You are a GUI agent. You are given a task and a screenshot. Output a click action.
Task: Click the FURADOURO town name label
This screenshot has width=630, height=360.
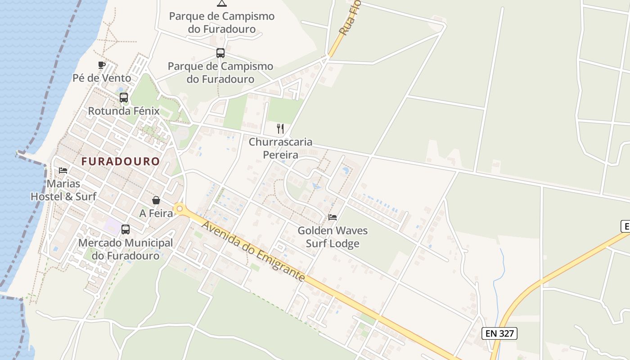121,161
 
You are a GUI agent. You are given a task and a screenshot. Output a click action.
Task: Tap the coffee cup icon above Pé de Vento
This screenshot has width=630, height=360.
102,65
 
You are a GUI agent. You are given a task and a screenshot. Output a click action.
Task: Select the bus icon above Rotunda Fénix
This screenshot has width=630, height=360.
124,97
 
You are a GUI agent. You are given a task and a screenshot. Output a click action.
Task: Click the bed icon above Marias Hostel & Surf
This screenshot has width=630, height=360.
63,171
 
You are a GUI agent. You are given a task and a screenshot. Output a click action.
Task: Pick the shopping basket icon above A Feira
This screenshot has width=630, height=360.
156,200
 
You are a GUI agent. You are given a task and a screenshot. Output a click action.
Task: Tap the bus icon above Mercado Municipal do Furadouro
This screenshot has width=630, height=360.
126,229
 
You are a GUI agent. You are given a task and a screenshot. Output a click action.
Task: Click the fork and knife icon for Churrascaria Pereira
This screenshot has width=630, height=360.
280,129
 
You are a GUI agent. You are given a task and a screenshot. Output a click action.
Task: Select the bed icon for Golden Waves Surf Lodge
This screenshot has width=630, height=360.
333,217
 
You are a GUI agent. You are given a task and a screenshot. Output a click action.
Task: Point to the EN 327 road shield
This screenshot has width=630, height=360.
499,333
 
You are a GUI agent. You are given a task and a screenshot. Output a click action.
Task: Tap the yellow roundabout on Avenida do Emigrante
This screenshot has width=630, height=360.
180,209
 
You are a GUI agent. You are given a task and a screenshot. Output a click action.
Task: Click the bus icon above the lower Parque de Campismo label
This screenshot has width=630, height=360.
220,53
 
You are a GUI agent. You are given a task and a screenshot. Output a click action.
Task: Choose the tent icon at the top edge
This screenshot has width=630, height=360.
221,3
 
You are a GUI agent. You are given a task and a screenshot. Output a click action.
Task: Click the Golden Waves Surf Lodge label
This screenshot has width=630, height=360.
333,237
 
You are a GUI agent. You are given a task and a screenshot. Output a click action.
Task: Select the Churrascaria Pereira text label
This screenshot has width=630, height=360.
280,148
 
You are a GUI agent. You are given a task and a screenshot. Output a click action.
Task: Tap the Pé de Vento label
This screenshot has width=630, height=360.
102,78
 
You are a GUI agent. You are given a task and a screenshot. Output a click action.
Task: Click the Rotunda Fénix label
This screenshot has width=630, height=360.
124,111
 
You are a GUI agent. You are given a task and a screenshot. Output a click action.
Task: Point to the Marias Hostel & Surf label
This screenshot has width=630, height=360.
63,190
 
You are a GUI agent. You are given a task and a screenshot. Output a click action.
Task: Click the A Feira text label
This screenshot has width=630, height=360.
156,213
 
